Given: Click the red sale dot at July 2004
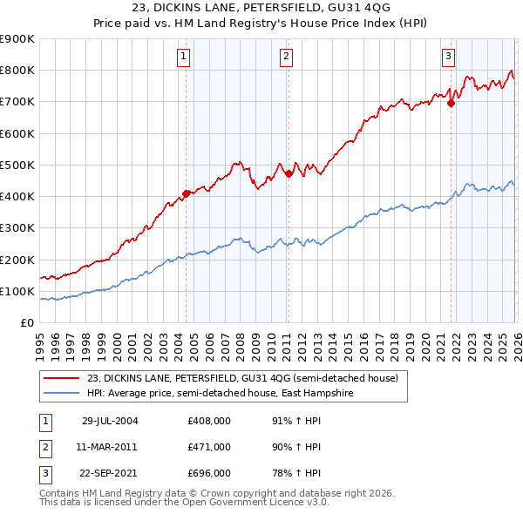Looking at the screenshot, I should coord(186,193).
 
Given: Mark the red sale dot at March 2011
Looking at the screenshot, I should coord(288,174).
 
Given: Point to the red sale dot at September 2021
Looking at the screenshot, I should coord(451,103).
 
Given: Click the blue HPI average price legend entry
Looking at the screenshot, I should coord(230,394).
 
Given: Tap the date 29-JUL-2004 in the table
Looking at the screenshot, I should coord(110,420).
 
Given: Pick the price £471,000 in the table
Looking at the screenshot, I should coord(209,447).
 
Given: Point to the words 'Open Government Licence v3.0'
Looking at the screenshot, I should coord(241,503).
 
